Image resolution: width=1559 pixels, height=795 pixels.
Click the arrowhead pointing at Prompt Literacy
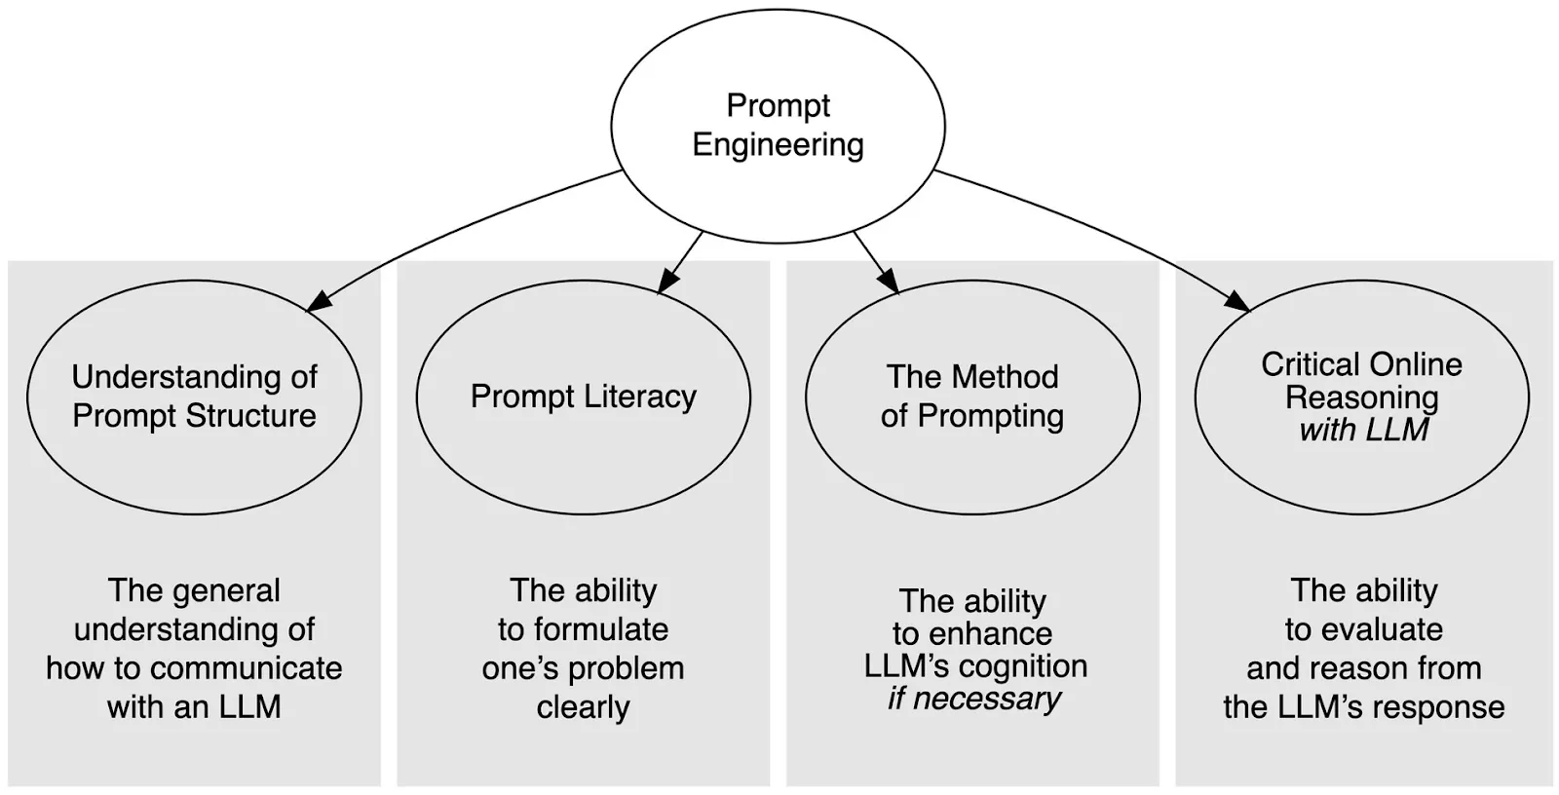tap(667, 281)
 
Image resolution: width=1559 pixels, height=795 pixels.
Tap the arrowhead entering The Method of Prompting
tap(889, 281)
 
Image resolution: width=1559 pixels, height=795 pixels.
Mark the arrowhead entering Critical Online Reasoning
tap(1237, 301)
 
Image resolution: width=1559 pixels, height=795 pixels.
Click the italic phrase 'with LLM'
tap(1363, 430)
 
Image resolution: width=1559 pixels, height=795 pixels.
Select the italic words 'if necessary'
tap(973, 699)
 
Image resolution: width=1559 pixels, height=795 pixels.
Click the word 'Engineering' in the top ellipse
tap(779, 145)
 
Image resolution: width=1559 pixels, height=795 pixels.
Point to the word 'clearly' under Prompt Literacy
tap(584, 707)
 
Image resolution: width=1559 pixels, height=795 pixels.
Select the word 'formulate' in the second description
tap(601, 629)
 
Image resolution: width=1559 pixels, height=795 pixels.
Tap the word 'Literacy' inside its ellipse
tap(640, 397)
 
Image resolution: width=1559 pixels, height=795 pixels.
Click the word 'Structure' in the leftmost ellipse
tap(251, 416)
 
